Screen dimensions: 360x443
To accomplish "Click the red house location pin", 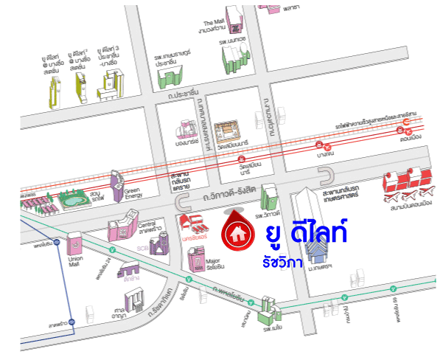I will click(237, 231).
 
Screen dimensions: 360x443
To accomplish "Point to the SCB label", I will click(142, 249).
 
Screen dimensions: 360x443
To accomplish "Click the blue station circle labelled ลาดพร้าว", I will click(73, 322).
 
